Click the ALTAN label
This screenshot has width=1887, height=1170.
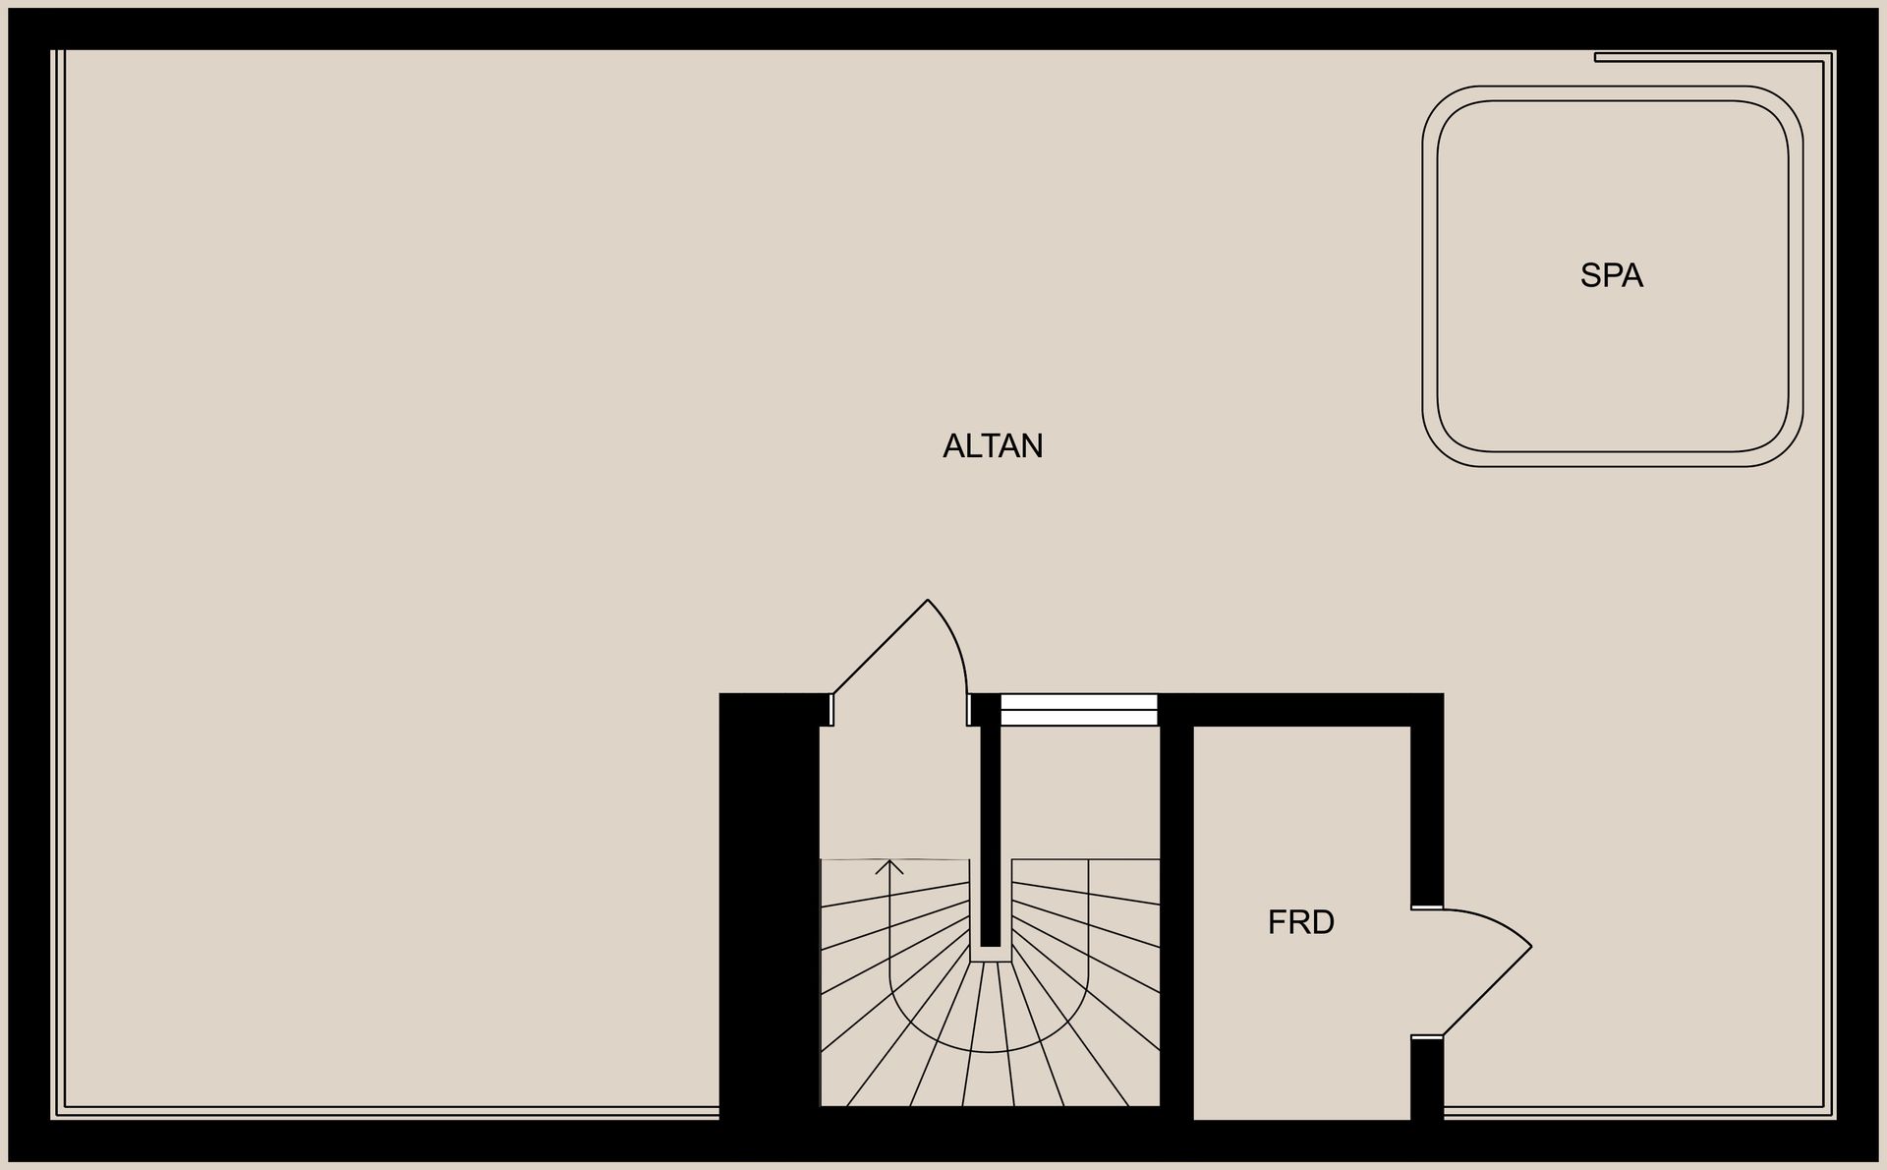(x=993, y=446)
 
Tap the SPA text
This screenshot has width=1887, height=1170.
(x=1612, y=275)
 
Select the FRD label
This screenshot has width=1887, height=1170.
(x=1301, y=922)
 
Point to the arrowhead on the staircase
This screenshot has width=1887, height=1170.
(x=889, y=866)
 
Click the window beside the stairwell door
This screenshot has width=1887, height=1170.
(x=1078, y=710)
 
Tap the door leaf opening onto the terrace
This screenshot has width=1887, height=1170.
(x=881, y=647)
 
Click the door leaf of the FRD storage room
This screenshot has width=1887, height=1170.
(x=1487, y=991)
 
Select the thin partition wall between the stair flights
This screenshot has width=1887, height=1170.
(x=991, y=836)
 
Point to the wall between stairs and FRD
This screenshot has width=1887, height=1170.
(x=1176, y=914)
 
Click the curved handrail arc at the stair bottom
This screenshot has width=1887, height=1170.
(x=990, y=1051)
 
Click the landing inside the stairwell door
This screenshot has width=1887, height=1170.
(x=899, y=791)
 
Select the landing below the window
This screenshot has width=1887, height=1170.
(x=1081, y=791)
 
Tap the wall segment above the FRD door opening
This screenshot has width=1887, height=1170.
(x=1427, y=799)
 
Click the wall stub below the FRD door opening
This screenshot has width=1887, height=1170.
(x=1427, y=1080)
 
